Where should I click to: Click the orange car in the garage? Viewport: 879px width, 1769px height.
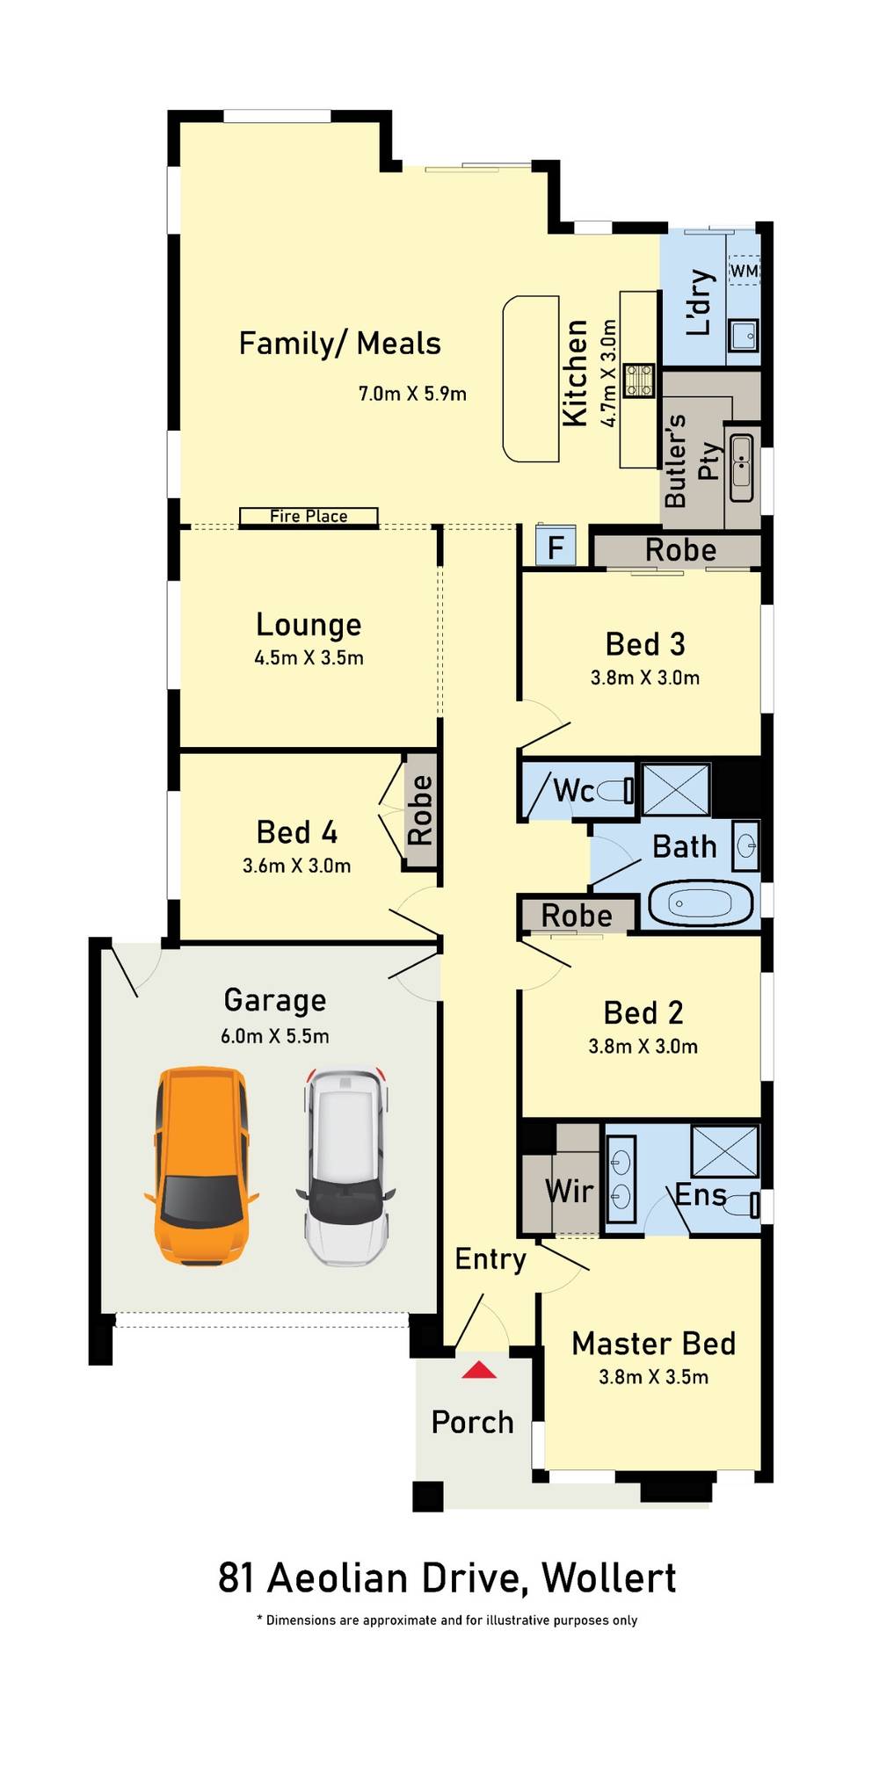click(x=201, y=1165)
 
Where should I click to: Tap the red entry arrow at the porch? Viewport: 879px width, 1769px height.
click(x=479, y=1369)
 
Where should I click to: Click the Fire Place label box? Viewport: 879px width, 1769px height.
click(x=309, y=517)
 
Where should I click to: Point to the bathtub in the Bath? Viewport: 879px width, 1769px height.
click(x=701, y=903)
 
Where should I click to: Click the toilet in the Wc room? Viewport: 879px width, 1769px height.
click(x=615, y=791)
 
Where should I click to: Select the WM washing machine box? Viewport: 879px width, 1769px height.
click(x=744, y=271)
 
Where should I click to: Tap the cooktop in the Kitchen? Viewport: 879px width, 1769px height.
click(x=639, y=381)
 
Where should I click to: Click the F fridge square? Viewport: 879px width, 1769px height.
click(x=556, y=547)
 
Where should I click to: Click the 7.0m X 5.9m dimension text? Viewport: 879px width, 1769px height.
click(x=412, y=394)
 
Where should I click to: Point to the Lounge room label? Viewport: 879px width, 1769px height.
click(x=309, y=625)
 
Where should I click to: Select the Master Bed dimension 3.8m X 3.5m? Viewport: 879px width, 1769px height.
click(x=653, y=1377)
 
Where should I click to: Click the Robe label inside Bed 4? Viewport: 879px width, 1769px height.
click(x=420, y=810)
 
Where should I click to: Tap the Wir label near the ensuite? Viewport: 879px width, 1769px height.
click(x=570, y=1192)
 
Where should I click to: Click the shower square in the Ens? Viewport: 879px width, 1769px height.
click(x=725, y=1150)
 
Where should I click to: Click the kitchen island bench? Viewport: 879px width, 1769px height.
click(x=531, y=379)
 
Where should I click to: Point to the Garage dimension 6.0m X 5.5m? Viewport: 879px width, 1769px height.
click(x=275, y=1036)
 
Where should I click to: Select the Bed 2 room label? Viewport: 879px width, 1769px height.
click(x=643, y=1012)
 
